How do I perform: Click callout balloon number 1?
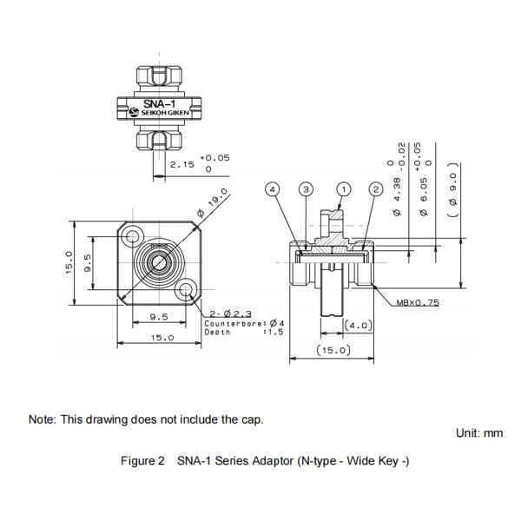pos(345,188)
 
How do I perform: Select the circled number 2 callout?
pos(376,188)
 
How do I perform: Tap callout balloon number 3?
pos(306,188)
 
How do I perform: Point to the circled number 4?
pos(273,188)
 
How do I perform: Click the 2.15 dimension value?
pos(181,163)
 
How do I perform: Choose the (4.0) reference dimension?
pos(358,325)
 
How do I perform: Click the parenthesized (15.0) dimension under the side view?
pos(333,350)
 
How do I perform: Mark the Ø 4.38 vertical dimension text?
pos(397,195)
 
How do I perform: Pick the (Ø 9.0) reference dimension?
pos(452,186)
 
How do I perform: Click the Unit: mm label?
pos(478,432)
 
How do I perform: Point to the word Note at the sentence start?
pos(43,419)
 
